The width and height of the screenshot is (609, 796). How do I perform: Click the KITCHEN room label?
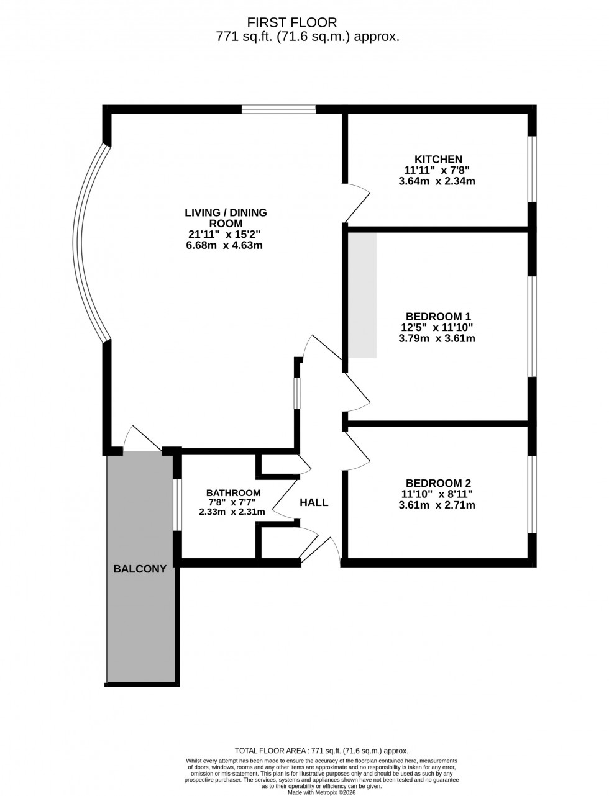click(x=438, y=159)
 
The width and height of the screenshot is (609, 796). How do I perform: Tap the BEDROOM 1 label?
click(x=434, y=316)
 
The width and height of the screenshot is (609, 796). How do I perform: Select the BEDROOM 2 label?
click(x=437, y=483)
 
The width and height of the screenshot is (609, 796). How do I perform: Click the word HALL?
click(x=314, y=503)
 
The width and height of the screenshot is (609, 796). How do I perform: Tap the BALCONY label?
click(x=140, y=569)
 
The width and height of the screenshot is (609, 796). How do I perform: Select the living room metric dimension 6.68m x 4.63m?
click(x=226, y=245)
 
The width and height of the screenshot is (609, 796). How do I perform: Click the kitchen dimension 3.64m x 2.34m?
click(x=437, y=181)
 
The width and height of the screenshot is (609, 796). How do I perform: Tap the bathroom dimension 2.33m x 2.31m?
click(x=232, y=512)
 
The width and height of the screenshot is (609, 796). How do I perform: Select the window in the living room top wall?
click(x=278, y=110)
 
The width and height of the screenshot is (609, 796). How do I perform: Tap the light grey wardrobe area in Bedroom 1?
click(x=362, y=295)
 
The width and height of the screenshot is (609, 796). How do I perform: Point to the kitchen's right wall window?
click(x=532, y=168)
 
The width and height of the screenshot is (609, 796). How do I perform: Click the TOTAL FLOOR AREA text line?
click(x=321, y=751)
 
